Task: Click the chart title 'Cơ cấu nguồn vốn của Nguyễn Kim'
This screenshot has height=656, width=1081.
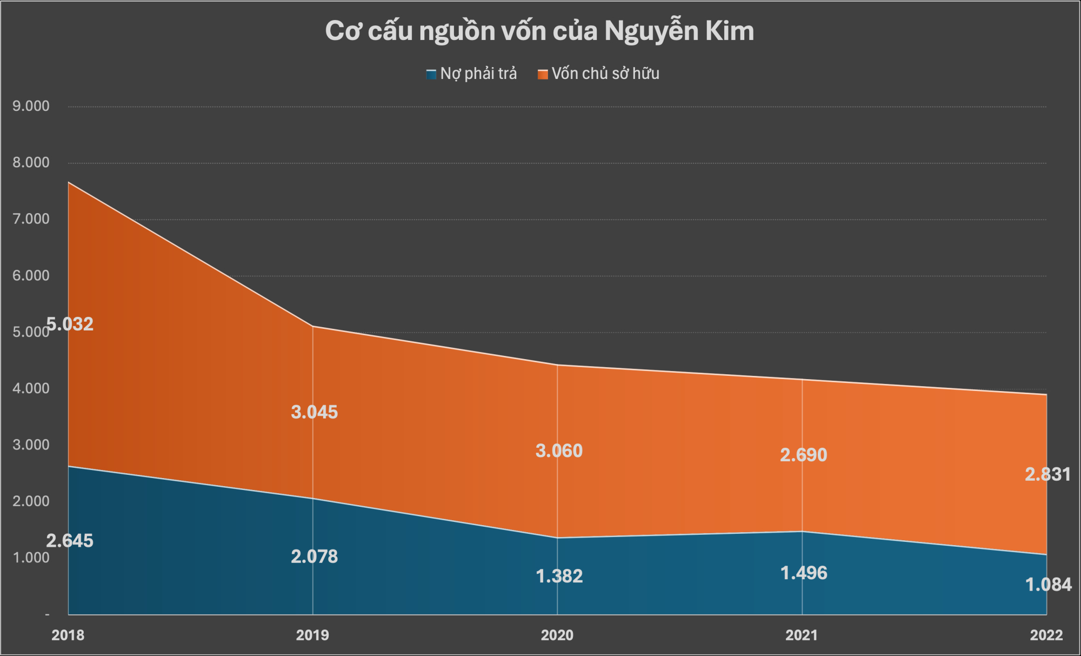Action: point(539,31)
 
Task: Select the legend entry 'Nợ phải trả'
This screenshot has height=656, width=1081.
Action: point(472,74)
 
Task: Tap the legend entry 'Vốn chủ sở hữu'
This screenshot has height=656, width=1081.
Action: point(599,74)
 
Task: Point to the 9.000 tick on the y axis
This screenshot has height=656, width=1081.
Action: point(31,106)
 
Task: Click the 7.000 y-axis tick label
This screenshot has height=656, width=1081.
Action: point(31,219)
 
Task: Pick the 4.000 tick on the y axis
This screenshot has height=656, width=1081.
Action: point(31,388)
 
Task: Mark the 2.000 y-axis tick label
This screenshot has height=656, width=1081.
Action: point(31,501)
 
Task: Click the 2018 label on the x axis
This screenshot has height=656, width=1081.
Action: point(68,635)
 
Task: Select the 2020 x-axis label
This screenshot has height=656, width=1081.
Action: point(557,635)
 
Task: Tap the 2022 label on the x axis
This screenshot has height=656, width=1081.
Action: point(1046,635)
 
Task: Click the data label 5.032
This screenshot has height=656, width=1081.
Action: point(70,324)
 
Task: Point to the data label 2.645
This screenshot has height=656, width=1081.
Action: point(70,541)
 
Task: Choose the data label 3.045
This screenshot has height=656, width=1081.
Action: point(314,412)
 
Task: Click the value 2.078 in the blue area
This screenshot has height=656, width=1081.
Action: point(314,556)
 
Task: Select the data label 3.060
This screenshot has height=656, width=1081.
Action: point(559,451)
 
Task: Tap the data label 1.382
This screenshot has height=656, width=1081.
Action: point(559,577)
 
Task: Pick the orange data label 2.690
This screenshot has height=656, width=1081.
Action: point(803,455)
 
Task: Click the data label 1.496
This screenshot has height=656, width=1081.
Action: point(803,573)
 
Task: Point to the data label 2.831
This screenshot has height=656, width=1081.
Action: point(1047,474)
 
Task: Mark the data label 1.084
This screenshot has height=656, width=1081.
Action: point(1048,585)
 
